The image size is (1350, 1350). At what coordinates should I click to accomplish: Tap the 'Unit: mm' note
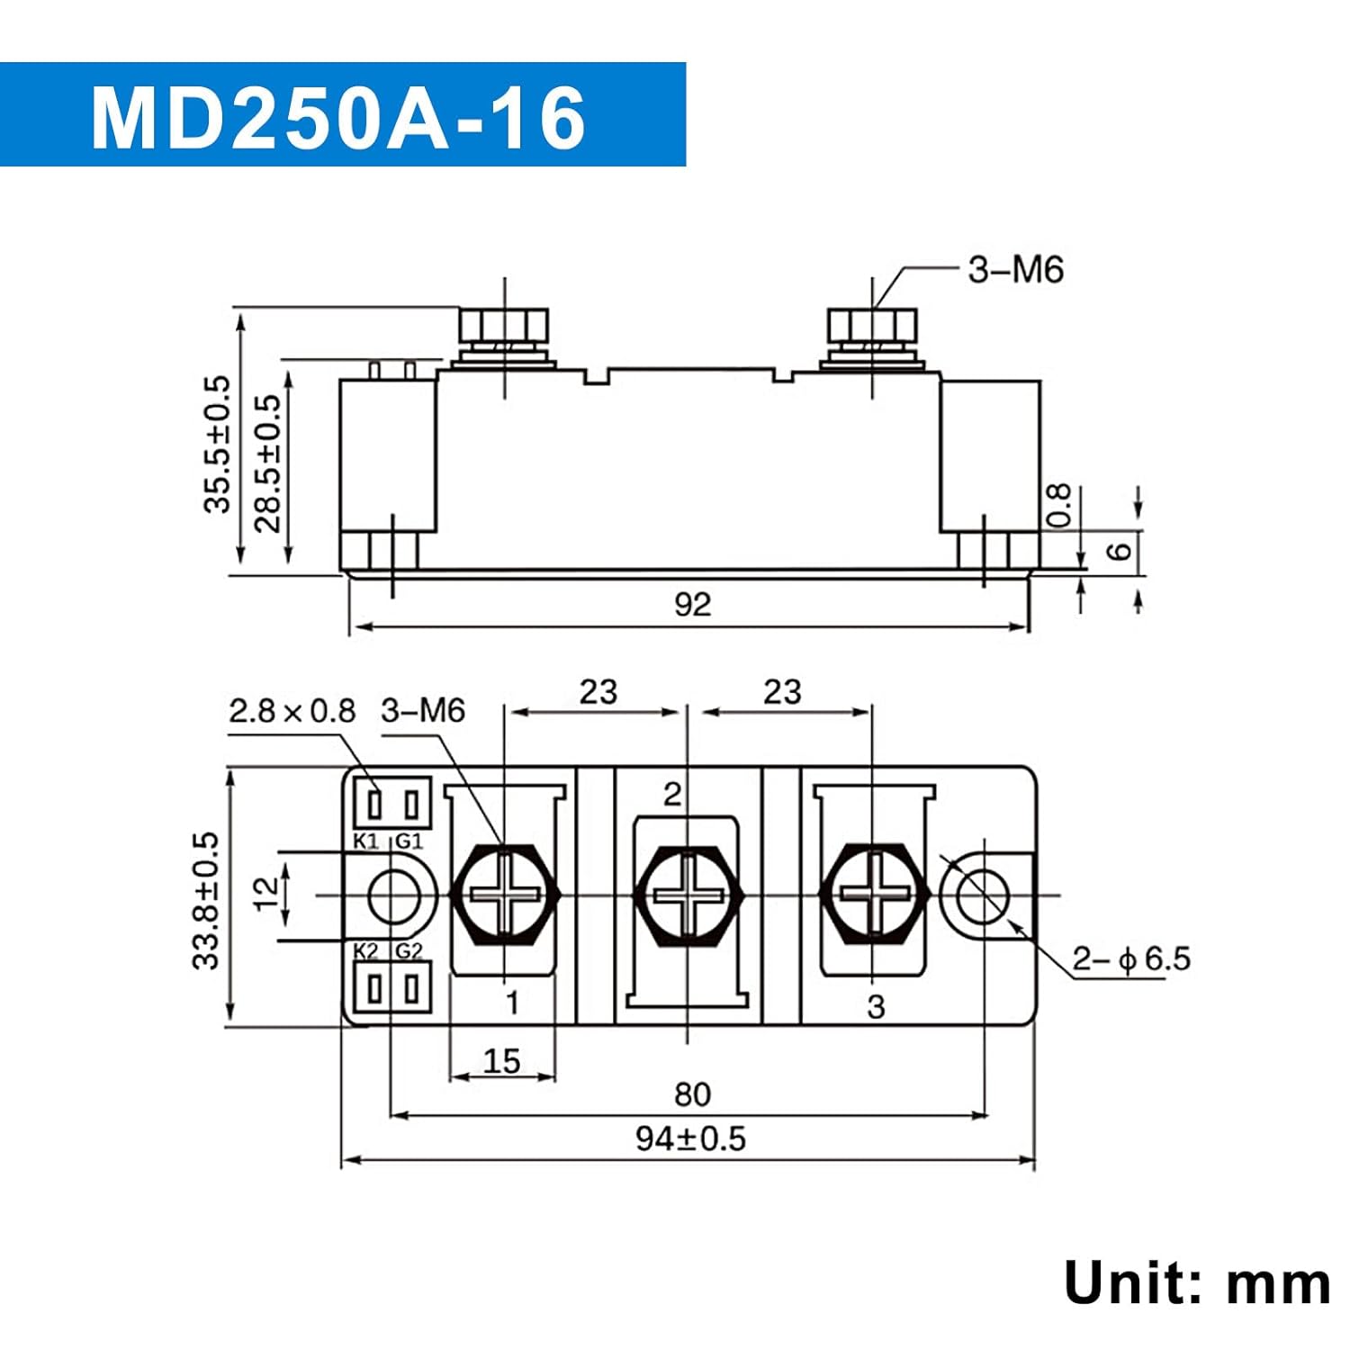[1196, 1282]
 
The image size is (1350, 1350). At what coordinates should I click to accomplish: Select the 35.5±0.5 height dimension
[217, 445]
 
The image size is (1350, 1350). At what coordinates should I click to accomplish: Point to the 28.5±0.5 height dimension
[267, 463]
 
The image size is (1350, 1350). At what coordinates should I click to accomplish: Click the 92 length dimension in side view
[692, 604]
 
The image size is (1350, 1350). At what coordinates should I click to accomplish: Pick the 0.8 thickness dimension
[1060, 505]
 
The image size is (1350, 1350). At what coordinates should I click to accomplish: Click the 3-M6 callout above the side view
[1015, 270]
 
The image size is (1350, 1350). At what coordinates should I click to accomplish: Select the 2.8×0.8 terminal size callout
[292, 711]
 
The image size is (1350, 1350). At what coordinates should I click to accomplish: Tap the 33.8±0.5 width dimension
[206, 900]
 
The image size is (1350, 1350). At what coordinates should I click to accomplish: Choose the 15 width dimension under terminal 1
[501, 1061]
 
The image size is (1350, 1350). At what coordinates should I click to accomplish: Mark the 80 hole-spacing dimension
[692, 1094]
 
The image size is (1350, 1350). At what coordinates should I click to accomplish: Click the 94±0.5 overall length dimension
[690, 1138]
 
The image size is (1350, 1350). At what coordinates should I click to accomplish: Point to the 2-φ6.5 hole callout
[1130, 958]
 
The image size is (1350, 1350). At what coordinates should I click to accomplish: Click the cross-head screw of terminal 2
[688, 895]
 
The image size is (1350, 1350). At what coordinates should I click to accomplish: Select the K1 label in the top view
[365, 841]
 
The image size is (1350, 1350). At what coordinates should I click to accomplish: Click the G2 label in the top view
[409, 951]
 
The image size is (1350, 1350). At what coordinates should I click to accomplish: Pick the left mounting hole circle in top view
[393, 896]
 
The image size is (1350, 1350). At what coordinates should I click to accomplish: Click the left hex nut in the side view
[503, 323]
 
